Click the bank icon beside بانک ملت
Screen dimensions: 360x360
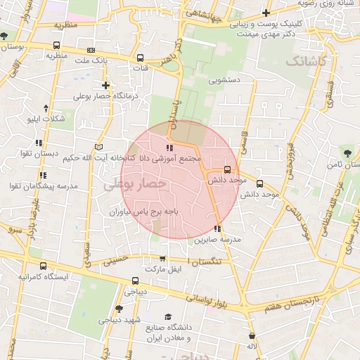tap(91, 50)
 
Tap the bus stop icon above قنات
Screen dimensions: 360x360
tap(140, 58)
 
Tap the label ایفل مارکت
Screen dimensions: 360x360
tap(163, 269)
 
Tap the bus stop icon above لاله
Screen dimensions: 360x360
tap(252, 336)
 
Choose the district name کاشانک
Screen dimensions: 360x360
tap(307, 62)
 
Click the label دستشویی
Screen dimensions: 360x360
tap(224, 80)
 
